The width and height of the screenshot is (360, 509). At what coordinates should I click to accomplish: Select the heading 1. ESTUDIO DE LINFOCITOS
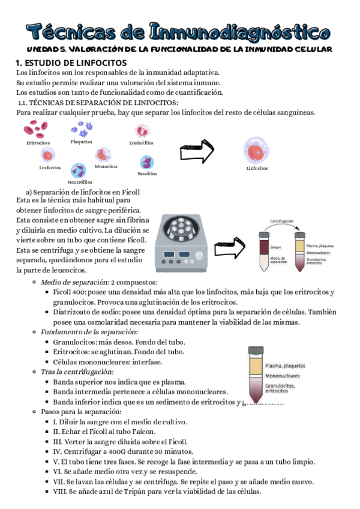click(x=71, y=62)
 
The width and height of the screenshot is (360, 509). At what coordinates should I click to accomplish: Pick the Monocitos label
click(x=106, y=166)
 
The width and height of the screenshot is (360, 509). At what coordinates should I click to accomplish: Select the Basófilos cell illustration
click(x=147, y=163)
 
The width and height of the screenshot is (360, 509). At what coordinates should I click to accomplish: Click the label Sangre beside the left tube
click(x=276, y=247)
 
